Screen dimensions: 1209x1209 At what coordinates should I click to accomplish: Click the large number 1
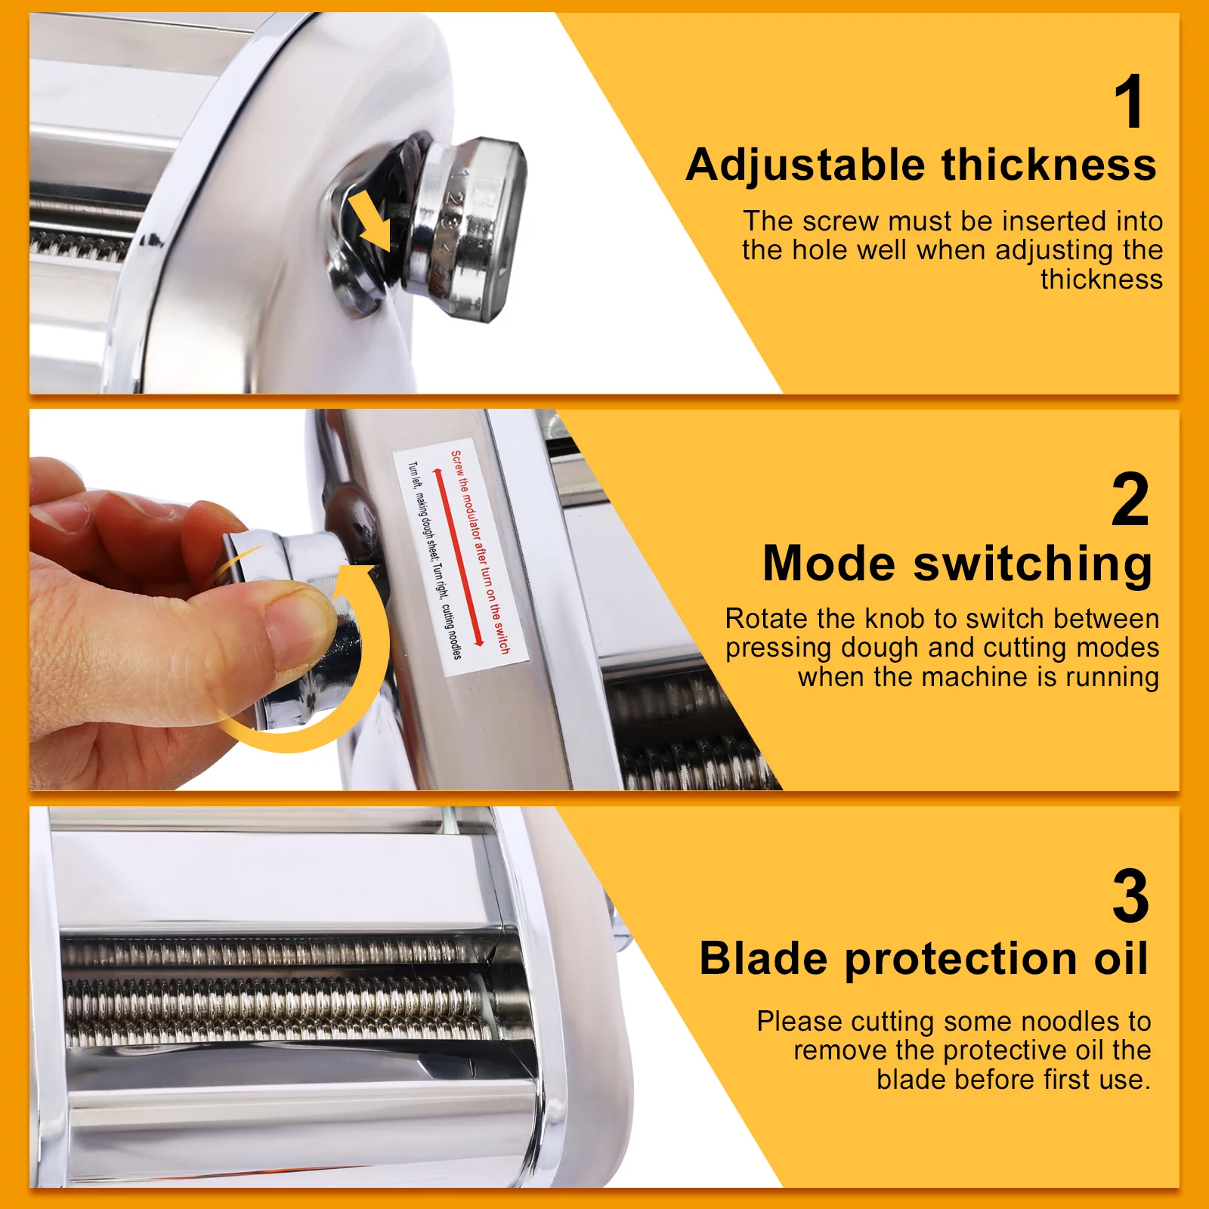pyautogui.click(x=1130, y=103)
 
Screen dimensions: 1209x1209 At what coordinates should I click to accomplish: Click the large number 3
pyautogui.click(x=1130, y=897)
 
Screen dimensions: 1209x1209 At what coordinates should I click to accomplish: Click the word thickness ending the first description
pyautogui.click(x=1101, y=280)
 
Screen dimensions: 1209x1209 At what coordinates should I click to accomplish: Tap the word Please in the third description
pyautogui.click(x=799, y=1022)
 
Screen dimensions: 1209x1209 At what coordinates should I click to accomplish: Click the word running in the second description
pyautogui.click(x=1112, y=677)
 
